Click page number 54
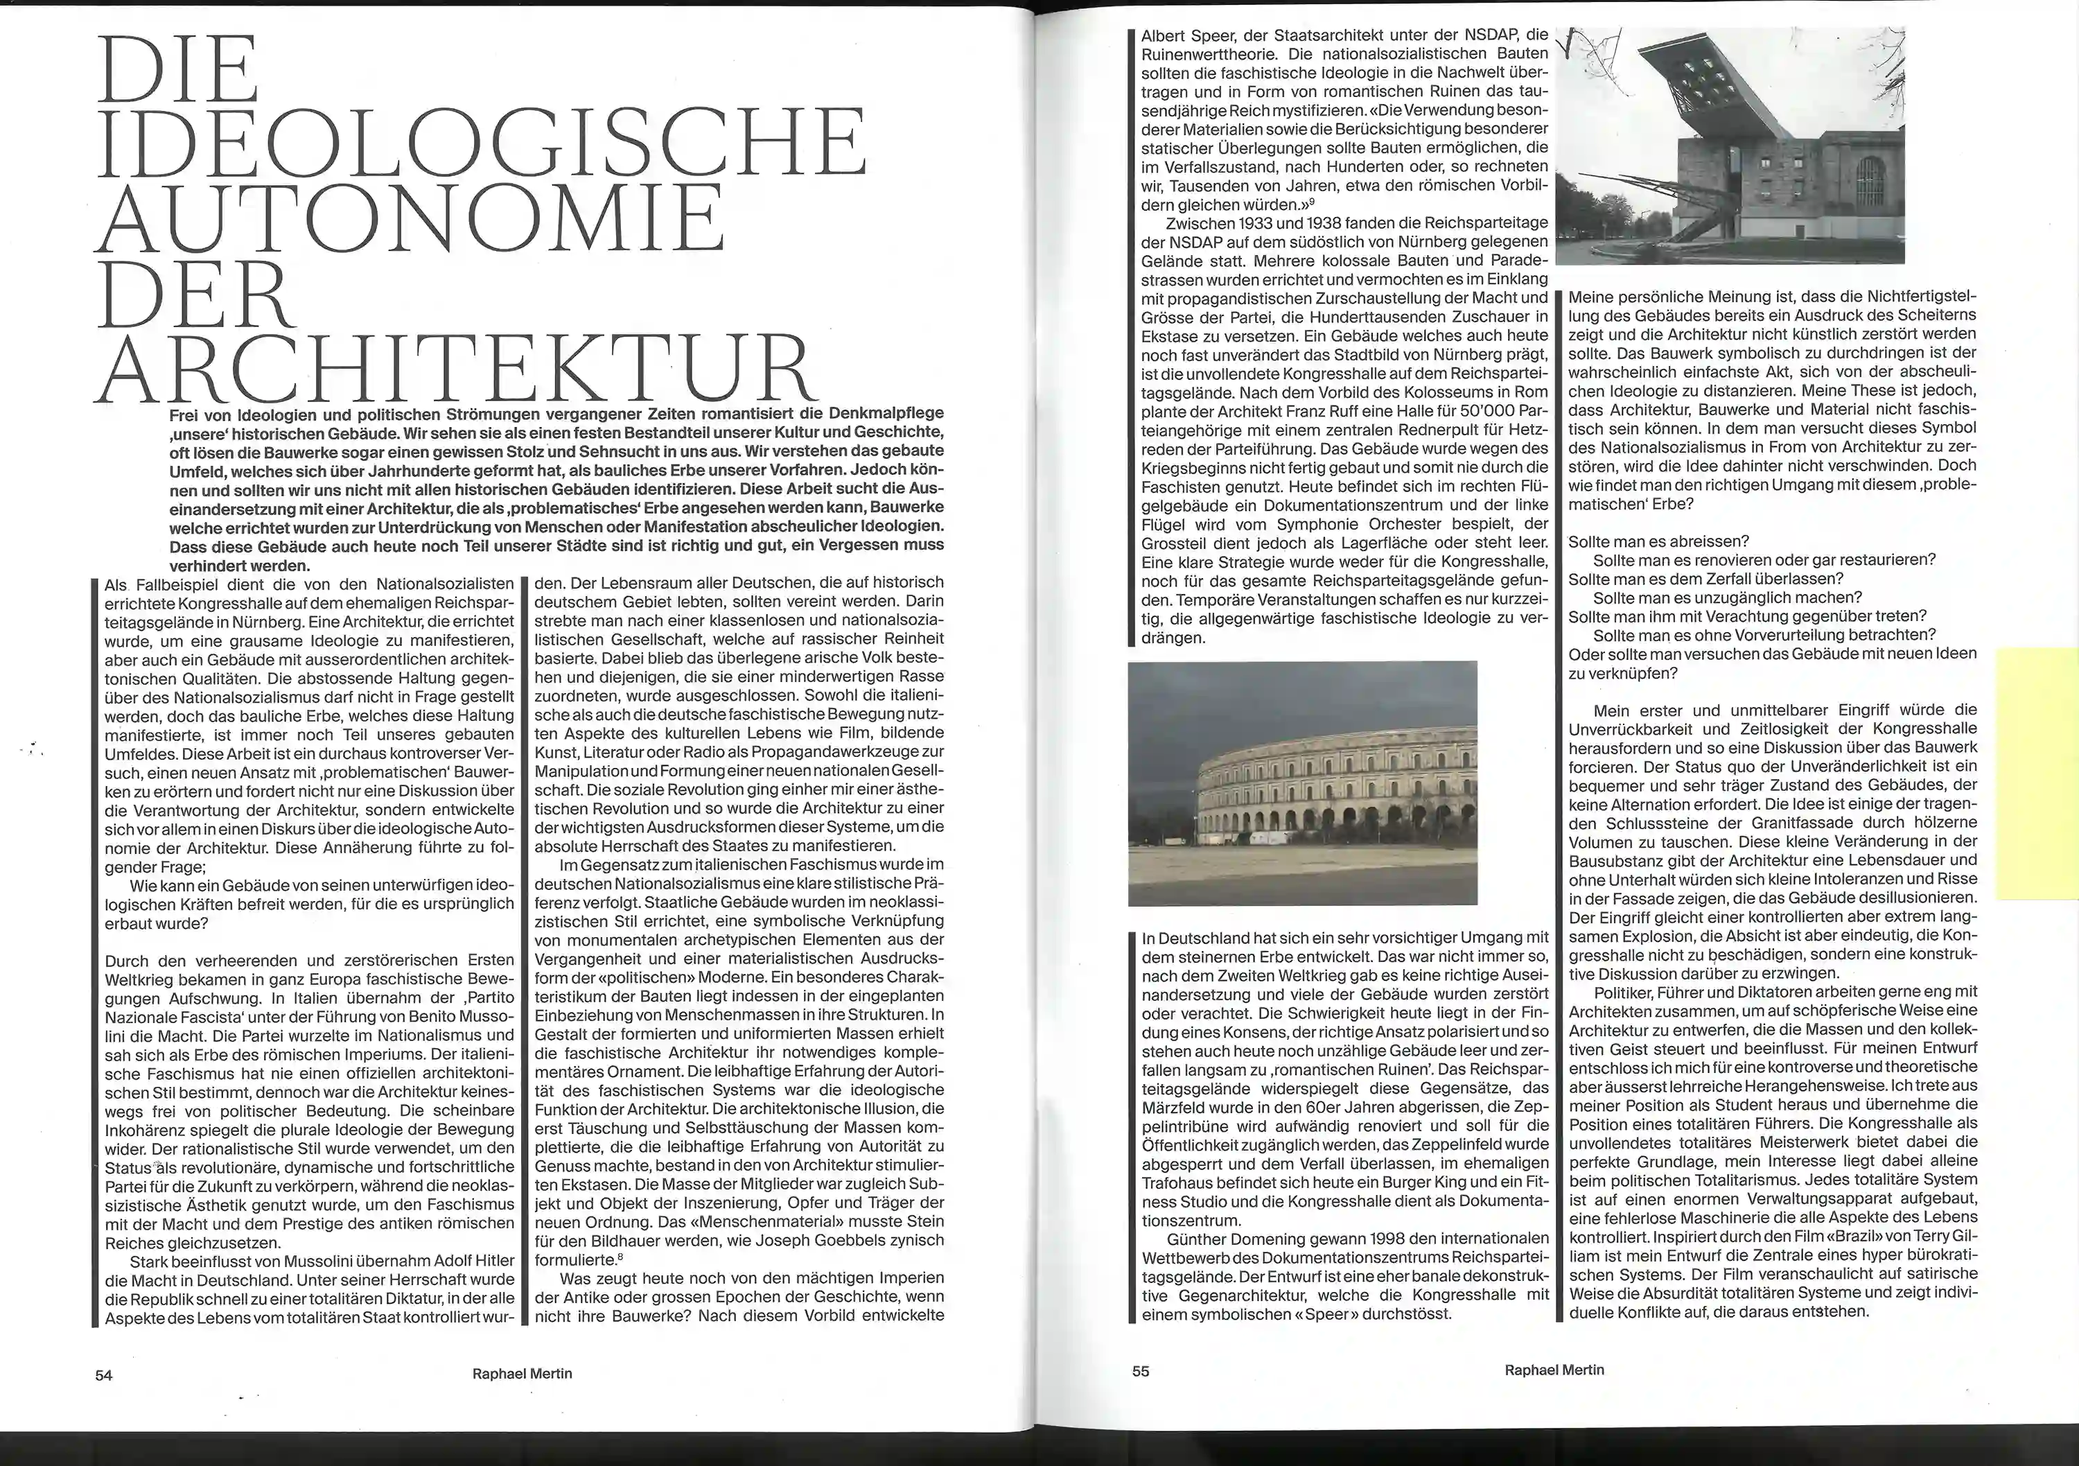pos(104,1375)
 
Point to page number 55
pos(1141,1371)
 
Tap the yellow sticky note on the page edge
pos(2037,772)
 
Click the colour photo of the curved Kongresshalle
pos(1302,783)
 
